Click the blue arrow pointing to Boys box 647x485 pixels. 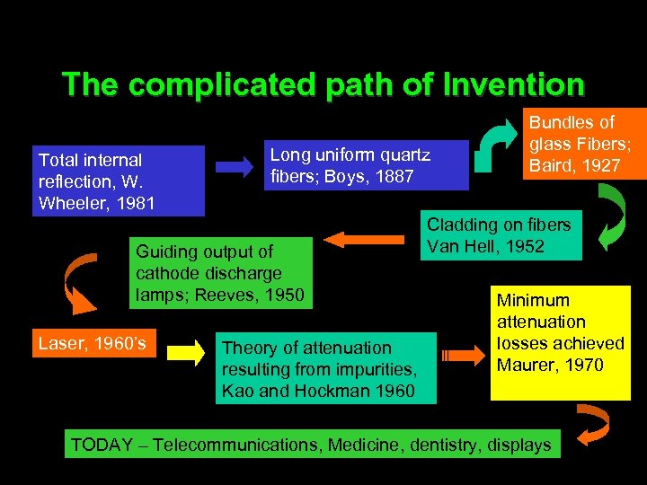click(235, 167)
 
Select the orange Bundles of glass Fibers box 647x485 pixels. click(585, 144)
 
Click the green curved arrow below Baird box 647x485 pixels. click(616, 220)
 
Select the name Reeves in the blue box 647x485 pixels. click(222, 295)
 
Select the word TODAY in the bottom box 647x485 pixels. click(98, 445)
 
